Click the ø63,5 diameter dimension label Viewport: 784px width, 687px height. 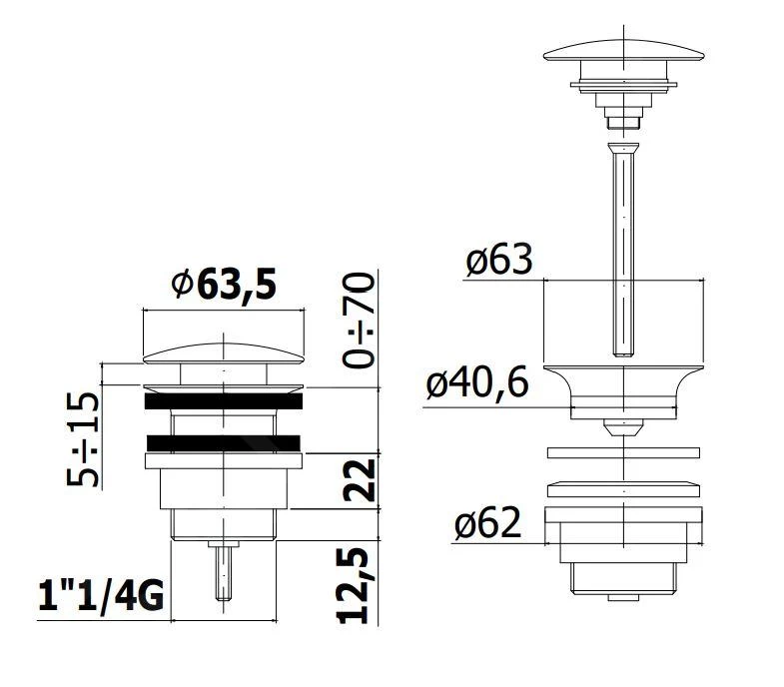click(224, 284)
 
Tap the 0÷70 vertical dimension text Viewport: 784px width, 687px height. click(359, 320)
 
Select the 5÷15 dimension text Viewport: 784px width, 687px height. click(83, 439)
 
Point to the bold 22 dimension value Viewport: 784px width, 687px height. click(359, 480)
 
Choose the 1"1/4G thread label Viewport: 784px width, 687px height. click(101, 595)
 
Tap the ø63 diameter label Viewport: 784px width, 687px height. click(498, 260)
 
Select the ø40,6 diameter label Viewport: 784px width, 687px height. click(477, 383)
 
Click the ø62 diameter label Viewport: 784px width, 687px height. click(487, 523)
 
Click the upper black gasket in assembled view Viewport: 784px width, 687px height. click(224, 401)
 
